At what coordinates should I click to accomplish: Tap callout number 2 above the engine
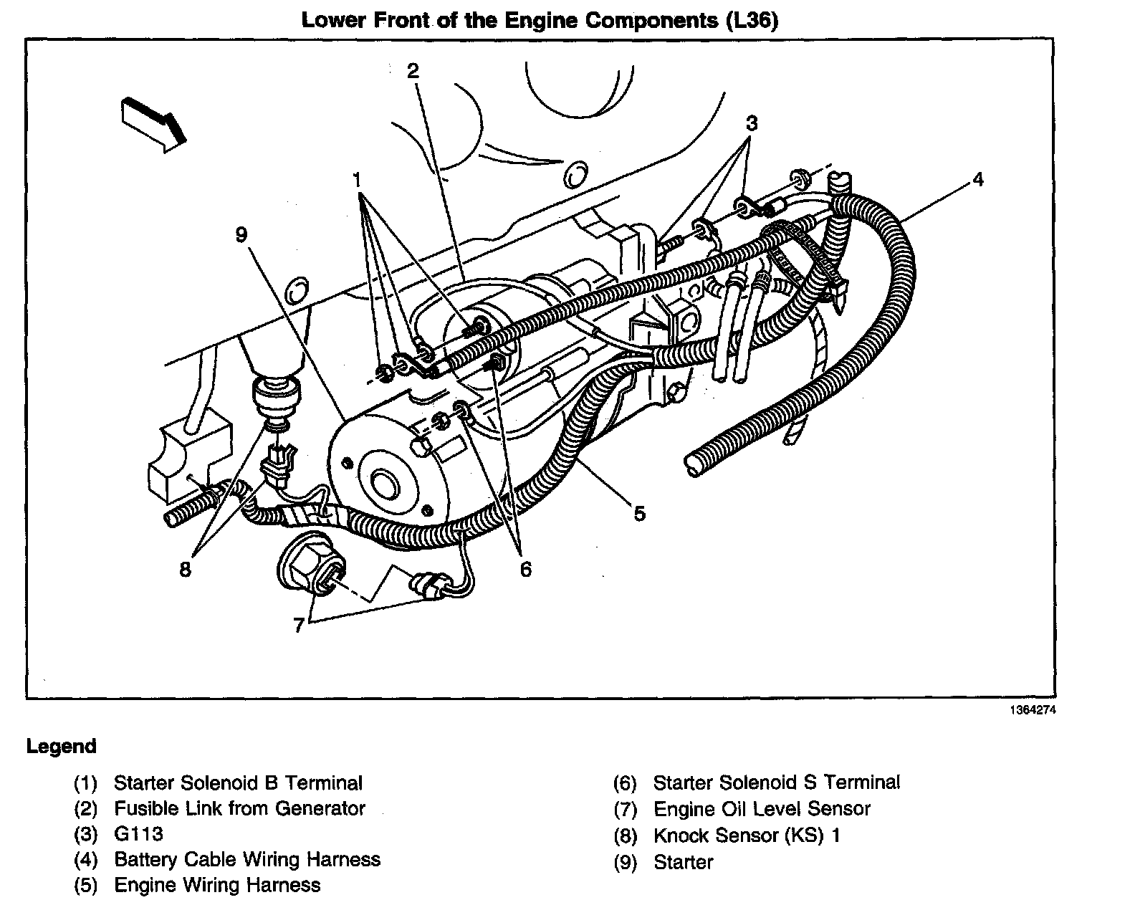[413, 71]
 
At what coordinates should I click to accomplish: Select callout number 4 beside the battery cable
[978, 179]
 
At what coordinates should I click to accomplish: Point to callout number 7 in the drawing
[299, 625]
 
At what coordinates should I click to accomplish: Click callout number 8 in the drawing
[186, 570]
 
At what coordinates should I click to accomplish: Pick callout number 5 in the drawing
[639, 512]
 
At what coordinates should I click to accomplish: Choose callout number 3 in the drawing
[751, 123]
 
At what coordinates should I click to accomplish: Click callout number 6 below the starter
[526, 570]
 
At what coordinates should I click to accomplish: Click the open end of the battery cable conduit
[694, 464]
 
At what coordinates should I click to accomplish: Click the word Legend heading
[61, 747]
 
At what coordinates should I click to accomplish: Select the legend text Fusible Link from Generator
[239, 808]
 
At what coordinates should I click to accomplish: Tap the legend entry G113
[138, 834]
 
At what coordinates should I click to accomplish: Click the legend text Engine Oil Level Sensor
[762, 809]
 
